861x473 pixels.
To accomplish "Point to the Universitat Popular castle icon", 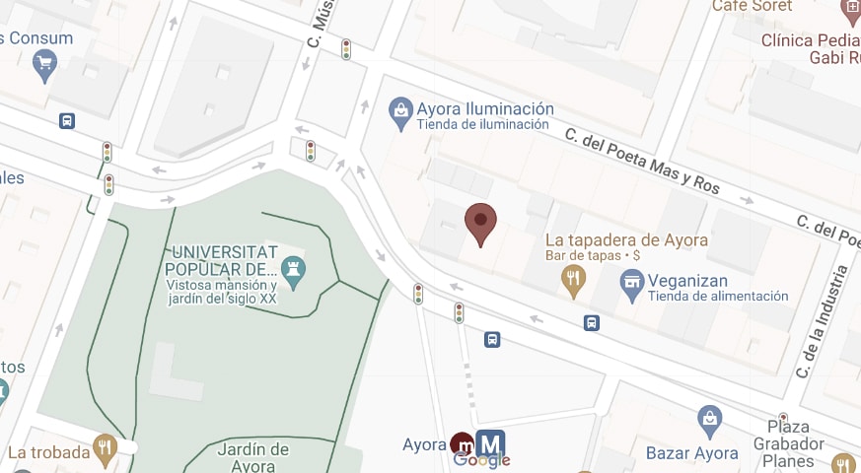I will pyautogui.click(x=293, y=269).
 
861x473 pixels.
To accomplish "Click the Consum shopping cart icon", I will pyautogui.click(x=43, y=65).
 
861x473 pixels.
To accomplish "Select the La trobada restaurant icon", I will pyautogui.click(x=105, y=449).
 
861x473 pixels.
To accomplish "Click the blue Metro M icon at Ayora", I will pyautogui.click(x=490, y=443).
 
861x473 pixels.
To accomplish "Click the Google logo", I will pyautogui.click(x=481, y=460).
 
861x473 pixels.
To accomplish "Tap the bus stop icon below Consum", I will pyautogui.click(x=67, y=121).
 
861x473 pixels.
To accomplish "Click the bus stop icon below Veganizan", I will pyautogui.click(x=592, y=322).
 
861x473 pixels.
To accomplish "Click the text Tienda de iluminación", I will pyautogui.click(x=482, y=125).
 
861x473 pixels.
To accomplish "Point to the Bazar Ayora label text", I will pyautogui.click(x=691, y=453).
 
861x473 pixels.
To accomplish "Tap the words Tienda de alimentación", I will pyautogui.click(x=718, y=296).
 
